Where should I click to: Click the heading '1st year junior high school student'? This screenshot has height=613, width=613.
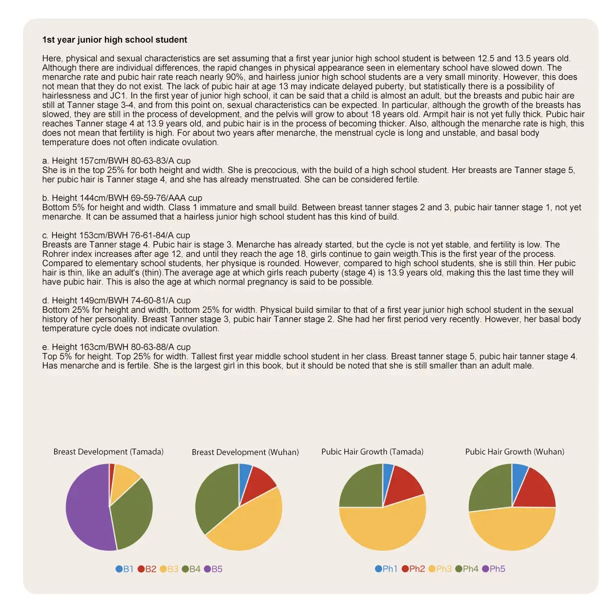[114, 40]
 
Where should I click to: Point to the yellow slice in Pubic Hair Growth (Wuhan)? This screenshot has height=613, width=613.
[512, 529]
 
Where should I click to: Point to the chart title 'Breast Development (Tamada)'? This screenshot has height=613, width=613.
[108, 452]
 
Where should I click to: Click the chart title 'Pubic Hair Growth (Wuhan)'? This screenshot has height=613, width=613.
[514, 452]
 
